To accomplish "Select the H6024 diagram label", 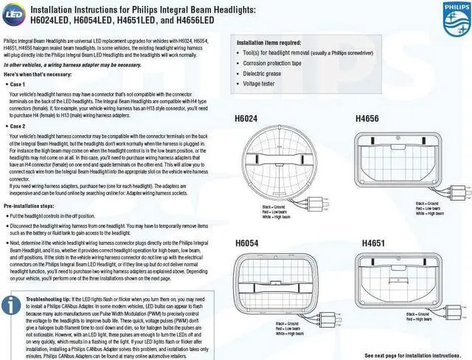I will [x=247, y=118].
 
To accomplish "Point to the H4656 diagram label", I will [x=369, y=118].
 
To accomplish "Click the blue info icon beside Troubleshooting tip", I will [x=11, y=305].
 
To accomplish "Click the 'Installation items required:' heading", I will [x=268, y=43].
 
